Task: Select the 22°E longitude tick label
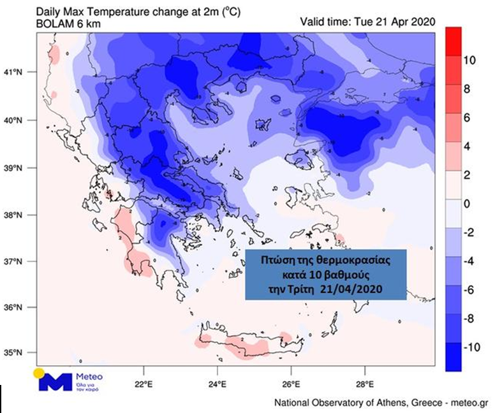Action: click(143, 384)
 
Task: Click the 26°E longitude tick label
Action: click(291, 384)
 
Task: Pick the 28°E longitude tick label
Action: click(364, 384)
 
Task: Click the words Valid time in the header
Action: click(324, 22)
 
